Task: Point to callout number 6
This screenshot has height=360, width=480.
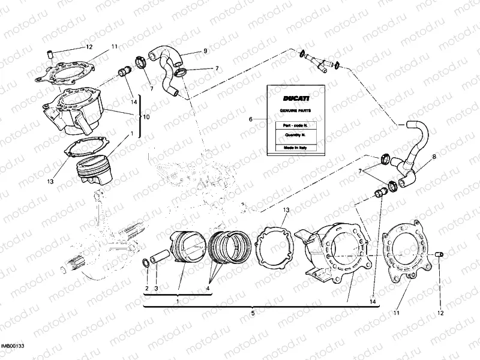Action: [x=251, y=119]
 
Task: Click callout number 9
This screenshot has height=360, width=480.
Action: [x=205, y=51]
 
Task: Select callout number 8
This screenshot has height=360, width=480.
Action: [x=434, y=157]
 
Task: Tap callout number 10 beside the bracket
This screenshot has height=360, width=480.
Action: [x=146, y=116]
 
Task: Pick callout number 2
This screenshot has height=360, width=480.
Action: [x=146, y=289]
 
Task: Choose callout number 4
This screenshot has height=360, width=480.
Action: [x=208, y=289]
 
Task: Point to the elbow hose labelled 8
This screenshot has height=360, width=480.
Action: [x=413, y=150]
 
